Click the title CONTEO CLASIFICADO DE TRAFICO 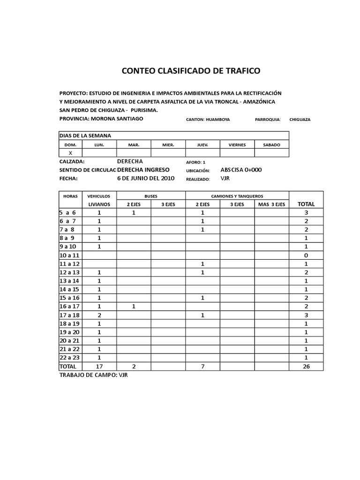pyautogui.click(x=191, y=71)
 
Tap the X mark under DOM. pyautogui.click(x=70, y=153)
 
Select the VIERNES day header pyautogui.click(x=237, y=145)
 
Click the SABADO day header pyautogui.click(x=271, y=145)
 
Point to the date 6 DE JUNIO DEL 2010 pyautogui.click(x=145, y=179)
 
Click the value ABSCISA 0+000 pyautogui.click(x=241, y=170)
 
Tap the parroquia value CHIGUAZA pyautogui.click(x=300, y=120)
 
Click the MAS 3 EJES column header pyautogui.click(x=271, y=204)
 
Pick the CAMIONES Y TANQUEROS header pyautogui.click(x=237, y=195)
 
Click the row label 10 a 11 pyautogui.click(x=70, y=255)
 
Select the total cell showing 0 pyautogui.click(x=306, y=255)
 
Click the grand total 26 pyautogui.click(x=306, y=366)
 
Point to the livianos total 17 pyautogui.click(x=99, y=366)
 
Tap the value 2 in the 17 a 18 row pyautogui.click(x=99, y=315)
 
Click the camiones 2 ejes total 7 pyautogui.click(x=202, y=366)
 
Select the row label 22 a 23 pyautogui.click(x=70, y=358)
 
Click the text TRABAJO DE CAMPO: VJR pyautogui.click(x=93, y=375)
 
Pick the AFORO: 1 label pyautogui.click(x=196, y=162)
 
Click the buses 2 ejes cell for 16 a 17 pyautogui.click(x=134, y=307)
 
